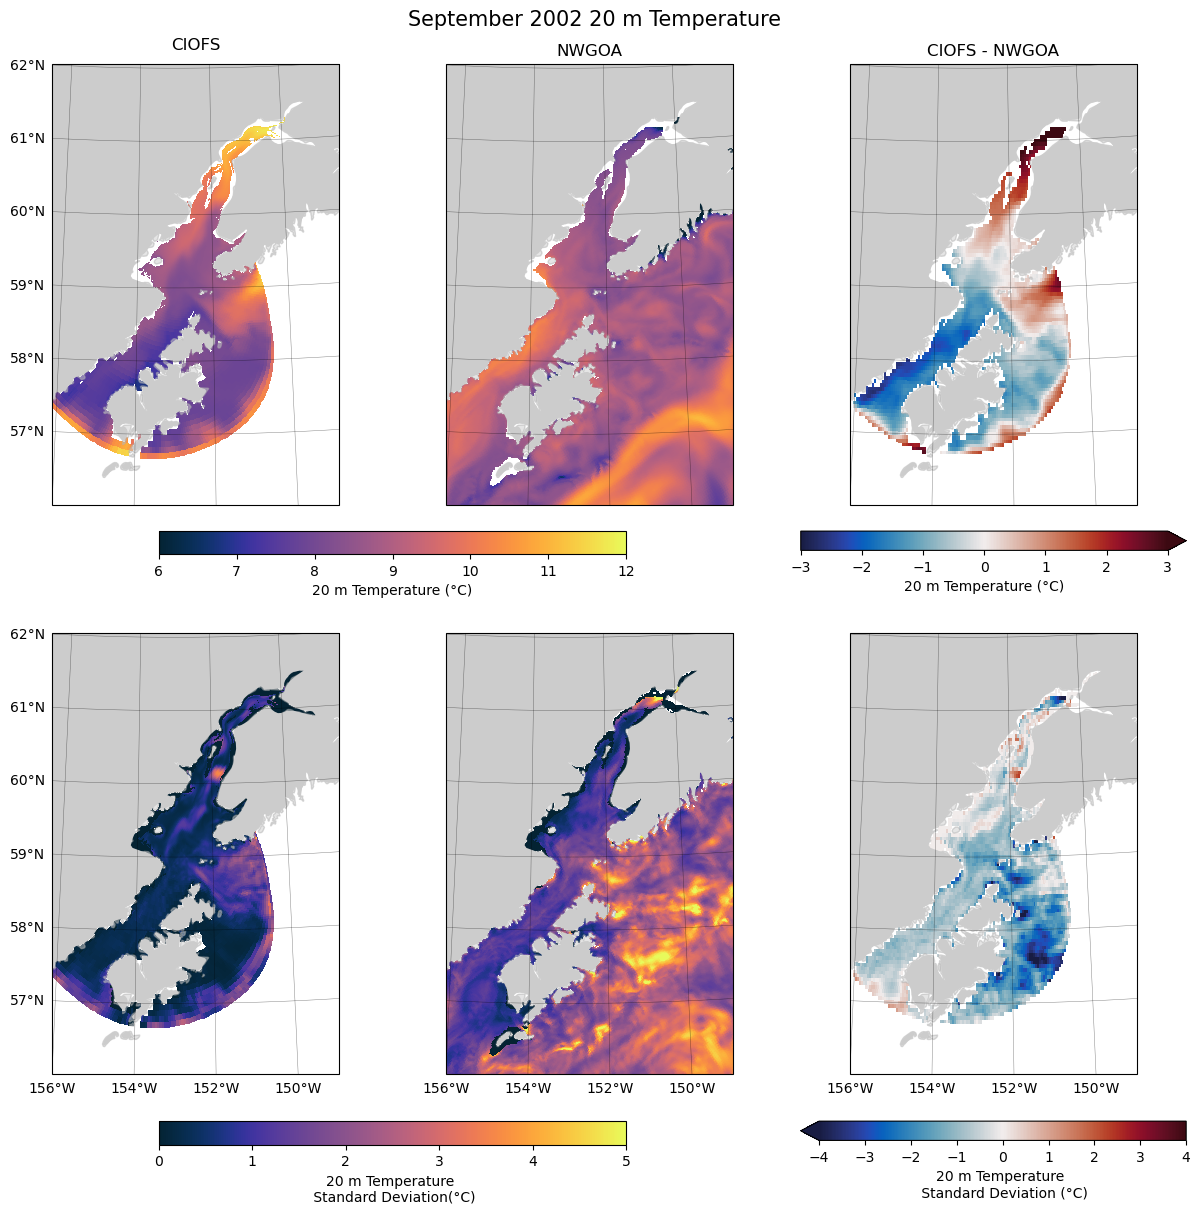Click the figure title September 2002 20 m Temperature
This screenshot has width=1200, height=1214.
(594, 19)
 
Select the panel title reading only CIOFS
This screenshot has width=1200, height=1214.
(196, 45)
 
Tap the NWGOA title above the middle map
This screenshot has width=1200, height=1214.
(589, 51)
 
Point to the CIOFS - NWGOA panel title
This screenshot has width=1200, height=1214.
(992, 51)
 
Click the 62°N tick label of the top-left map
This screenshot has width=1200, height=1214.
(28, 66)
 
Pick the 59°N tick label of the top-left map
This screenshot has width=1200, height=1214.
(28, 285)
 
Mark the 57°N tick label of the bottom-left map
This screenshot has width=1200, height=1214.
(28, 1000)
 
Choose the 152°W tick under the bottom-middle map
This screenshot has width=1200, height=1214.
(610, 1088)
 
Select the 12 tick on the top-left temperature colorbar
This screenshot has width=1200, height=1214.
(625, 571)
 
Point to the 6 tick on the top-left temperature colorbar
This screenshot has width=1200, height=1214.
(159, 571)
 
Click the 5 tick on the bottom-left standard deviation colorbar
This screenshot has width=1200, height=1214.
(625, 1161)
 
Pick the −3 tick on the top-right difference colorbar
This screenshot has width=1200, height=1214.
(800, 567)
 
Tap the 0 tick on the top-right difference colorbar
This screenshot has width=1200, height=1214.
(984, 567)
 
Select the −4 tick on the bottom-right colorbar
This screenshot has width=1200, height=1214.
(819, 1157)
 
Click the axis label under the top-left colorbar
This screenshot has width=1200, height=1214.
(392, 590)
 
